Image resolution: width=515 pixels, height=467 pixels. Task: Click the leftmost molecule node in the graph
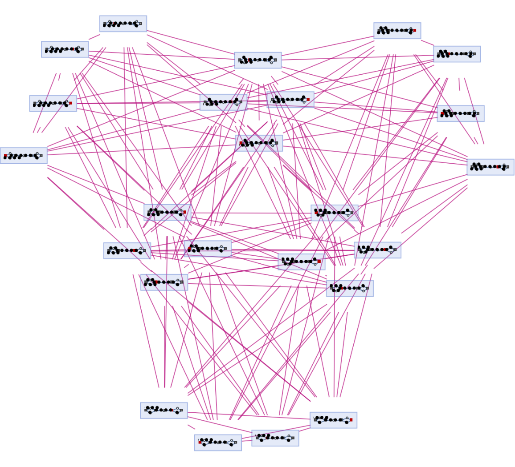(x=24, y=156)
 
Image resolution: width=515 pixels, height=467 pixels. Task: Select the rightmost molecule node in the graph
(x=490, y=167)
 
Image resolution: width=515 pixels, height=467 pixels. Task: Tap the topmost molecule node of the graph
(x=123, y=24)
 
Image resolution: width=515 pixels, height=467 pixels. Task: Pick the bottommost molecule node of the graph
(x=218, y=443)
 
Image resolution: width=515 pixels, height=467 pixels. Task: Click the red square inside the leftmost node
(x=5, y=156)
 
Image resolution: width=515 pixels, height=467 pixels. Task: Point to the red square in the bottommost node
(x=200, y=442)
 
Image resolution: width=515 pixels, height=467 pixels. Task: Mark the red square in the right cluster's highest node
(x=414, y=30)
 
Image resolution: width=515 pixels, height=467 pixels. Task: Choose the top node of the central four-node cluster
(x=257, y=60)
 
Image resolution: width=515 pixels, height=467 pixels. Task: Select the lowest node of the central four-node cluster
(x=259, y=143)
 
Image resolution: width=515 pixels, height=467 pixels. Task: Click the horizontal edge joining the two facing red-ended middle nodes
(x=249, y=213)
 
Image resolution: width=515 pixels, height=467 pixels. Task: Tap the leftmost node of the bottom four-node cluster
(x=164, y=411)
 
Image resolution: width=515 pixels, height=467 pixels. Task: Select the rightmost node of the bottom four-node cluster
(x=333, y=420)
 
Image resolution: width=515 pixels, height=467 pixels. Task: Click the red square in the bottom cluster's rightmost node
(x=351, y=419)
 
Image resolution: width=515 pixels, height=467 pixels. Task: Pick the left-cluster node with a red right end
(x=53, y=103)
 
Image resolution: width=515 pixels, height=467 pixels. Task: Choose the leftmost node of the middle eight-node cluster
(x=127, y=251)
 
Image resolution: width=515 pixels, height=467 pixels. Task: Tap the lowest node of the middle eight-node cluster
(x=350, y=288)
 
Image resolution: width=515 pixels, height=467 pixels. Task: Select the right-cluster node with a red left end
(x=460, y=113)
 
